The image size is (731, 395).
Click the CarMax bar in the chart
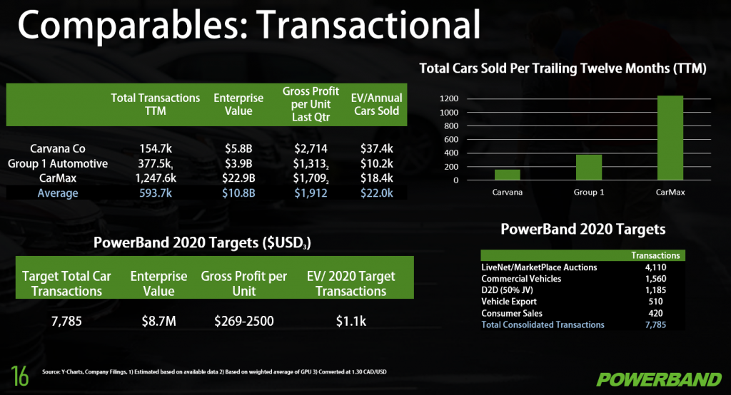670,138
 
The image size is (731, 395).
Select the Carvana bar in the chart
508,175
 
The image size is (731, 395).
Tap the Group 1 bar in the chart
589,168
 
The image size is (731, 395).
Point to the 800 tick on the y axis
449,125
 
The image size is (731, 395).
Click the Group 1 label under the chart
589,192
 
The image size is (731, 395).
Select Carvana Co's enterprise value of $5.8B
238,148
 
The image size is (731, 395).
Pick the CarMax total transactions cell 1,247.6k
156,178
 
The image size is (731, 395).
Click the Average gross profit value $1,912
311,193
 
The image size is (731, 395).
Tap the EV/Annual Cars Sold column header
376,104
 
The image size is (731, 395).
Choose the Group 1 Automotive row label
58,163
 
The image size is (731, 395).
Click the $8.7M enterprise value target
159,321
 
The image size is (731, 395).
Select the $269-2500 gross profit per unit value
244,321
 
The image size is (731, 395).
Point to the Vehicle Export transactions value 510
655,302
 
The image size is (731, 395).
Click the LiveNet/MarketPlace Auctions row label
539,267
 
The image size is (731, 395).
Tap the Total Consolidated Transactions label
543,324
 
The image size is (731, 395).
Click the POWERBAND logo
659,379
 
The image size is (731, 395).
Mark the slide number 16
19,376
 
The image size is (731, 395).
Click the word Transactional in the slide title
368,24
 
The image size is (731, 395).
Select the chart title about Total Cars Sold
563,68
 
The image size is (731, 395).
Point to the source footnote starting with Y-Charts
214,371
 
